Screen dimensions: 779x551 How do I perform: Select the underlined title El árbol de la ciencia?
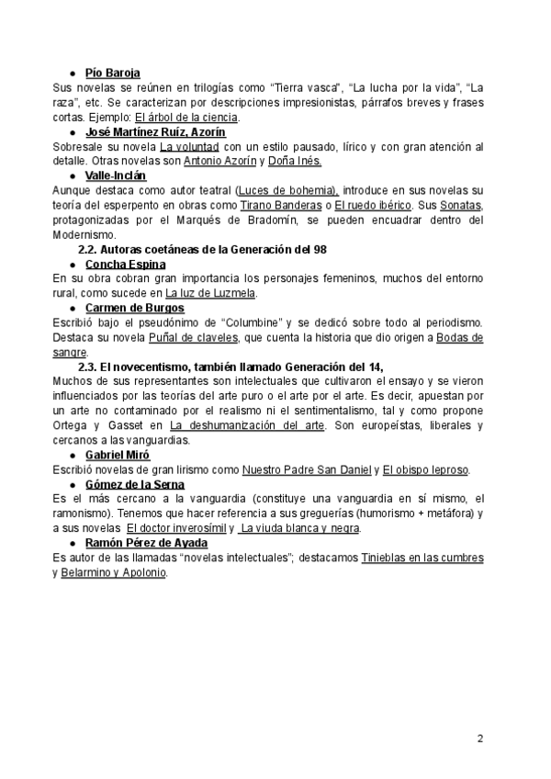pyautogui.click(x=186, y=118)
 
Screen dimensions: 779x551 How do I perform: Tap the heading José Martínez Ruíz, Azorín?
pyautogui.click(x=155, y=132)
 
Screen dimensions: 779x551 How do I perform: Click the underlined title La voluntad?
pyautogui.click(x=189, y=147)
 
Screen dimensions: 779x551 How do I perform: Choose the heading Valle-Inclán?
pyautogui.click(x=115, y=176)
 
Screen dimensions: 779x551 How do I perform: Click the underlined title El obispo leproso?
pyautogui.click(x=425, y=470)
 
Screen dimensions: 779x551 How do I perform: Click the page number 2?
pyautogui.click(x=480, y=738)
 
